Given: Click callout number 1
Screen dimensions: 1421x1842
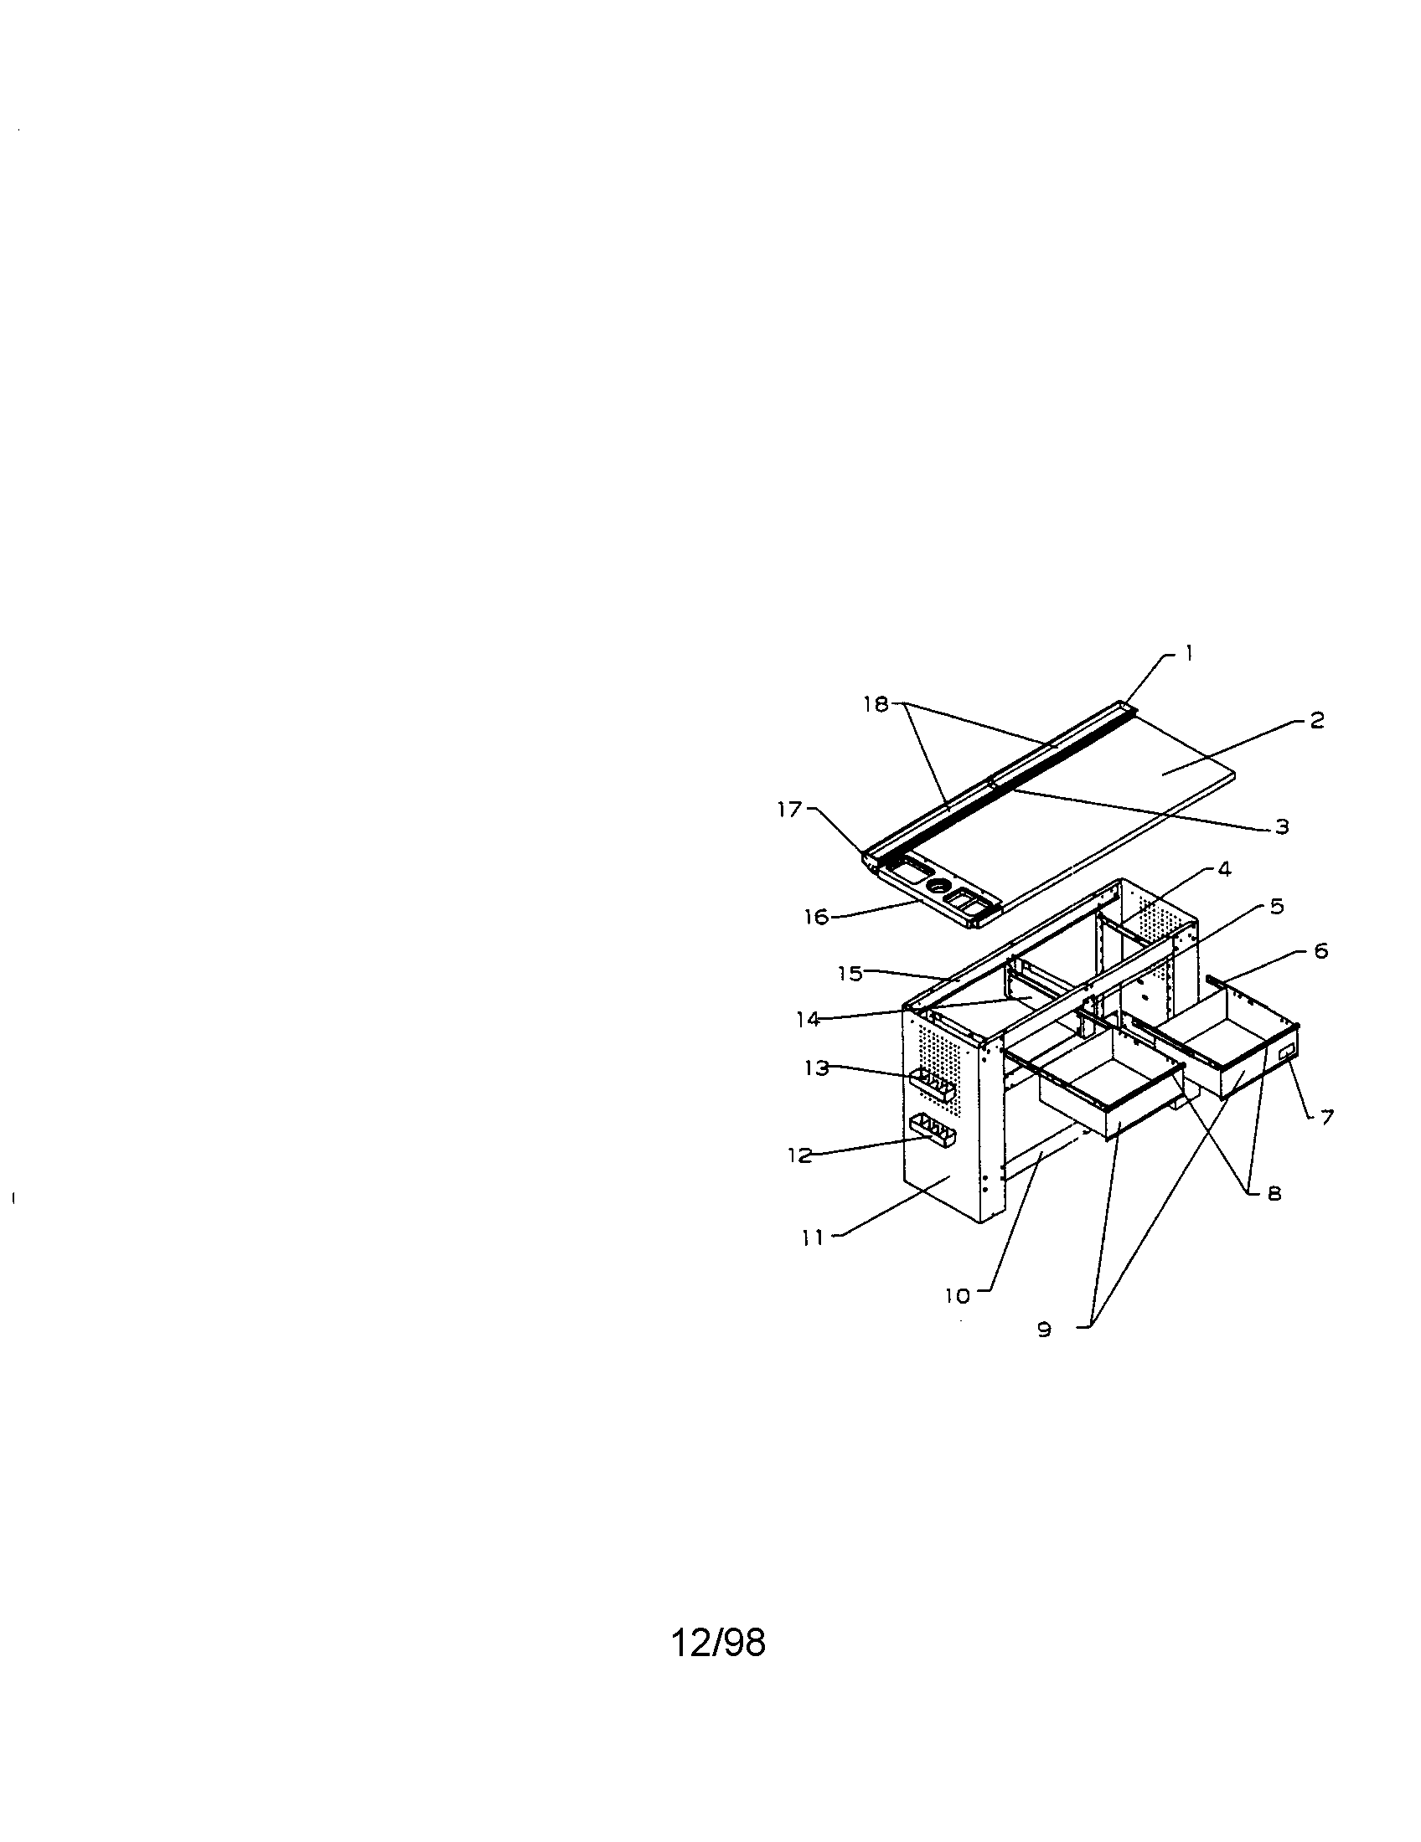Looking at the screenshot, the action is tap(1189, 653).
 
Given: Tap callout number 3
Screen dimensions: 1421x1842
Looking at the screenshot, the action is tap(1282, 826).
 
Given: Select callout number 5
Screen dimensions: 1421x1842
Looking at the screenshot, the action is tap(1277, 907).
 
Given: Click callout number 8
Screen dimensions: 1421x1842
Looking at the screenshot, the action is tap(1274, 1193).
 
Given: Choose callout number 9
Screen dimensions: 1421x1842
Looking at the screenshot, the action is tap(1045, 1330).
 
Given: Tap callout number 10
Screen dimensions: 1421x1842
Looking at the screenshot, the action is tap(958, 1296).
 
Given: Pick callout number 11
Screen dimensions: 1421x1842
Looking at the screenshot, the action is tap(813, 1239).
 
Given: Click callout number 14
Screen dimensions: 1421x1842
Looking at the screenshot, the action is tap(808, 1020).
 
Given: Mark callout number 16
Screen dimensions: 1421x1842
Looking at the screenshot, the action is tap(816, 917).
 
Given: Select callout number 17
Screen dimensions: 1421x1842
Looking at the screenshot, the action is tap(790, 810).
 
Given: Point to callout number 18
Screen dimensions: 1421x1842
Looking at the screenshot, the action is tap(876, 704).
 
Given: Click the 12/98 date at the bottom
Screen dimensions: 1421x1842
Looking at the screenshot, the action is tap(718, 1642).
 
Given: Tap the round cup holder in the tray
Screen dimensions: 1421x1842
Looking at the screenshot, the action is tap(938, 887).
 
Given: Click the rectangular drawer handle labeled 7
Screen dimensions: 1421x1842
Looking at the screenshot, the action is tap(1287, 1053).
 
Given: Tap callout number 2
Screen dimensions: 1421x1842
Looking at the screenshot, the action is tap(1317, 721).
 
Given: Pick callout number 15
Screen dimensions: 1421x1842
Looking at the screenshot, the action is tap(850, 974).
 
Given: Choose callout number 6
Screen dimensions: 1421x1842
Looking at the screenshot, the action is tap(1321, 952).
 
